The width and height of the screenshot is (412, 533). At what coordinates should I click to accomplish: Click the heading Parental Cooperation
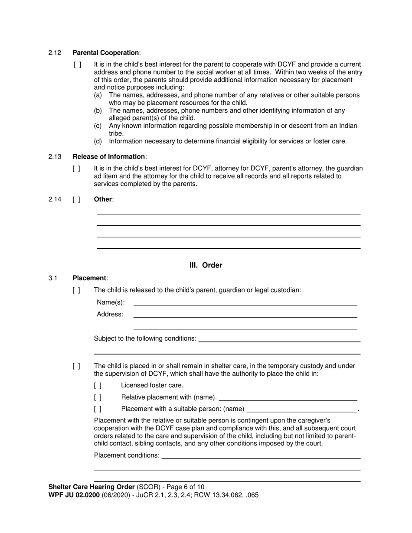(x=106, y=53)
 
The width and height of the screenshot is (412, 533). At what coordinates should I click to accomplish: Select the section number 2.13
(x=55, y=157)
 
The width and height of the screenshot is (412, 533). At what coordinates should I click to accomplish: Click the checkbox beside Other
(x=76, y=199)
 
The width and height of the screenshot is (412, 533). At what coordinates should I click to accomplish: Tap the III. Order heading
(x=206, y=265)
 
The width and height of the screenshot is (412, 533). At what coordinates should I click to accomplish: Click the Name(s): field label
(x=111, y=302)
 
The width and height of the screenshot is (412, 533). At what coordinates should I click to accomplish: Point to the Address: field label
(x=110, y=314)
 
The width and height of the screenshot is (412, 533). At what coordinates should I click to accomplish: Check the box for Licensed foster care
(x=98, y=385)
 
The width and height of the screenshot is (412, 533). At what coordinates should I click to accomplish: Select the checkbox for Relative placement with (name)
(x=98, y=397)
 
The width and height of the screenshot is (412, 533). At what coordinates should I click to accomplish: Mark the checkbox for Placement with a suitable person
(x=98, y=409)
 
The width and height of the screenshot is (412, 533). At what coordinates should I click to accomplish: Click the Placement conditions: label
(x=127, y=455)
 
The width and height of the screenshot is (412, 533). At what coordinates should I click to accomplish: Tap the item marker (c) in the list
(x=98, y=126)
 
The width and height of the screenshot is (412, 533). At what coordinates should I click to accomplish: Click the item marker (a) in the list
(x=98, y=95)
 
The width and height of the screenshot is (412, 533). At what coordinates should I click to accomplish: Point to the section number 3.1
(x=53, y=278)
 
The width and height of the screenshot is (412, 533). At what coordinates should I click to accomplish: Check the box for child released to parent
(x=76, y=290)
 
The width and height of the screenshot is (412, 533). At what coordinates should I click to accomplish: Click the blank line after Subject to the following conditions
(x=279, y=338)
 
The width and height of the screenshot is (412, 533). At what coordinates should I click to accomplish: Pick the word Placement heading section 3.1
(x=89, y=278)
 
